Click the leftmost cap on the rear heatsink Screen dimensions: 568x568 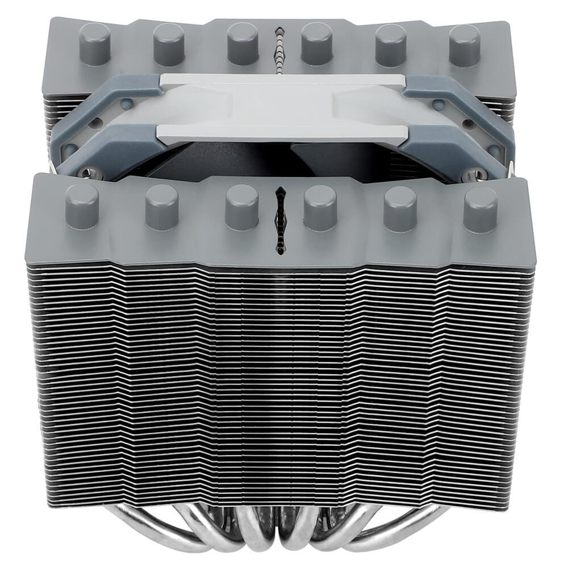click(x=94, y=43)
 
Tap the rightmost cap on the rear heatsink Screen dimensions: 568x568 click(x=465, y=44)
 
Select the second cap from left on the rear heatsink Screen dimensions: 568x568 click(x=169, y=44)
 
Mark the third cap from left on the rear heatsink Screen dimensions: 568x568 click(x=243, y=44)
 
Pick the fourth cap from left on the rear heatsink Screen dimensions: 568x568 click(x=317, y=44)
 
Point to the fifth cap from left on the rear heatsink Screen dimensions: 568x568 click(x=391, y=44)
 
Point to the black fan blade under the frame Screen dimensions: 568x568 click(x=239, y=162)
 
